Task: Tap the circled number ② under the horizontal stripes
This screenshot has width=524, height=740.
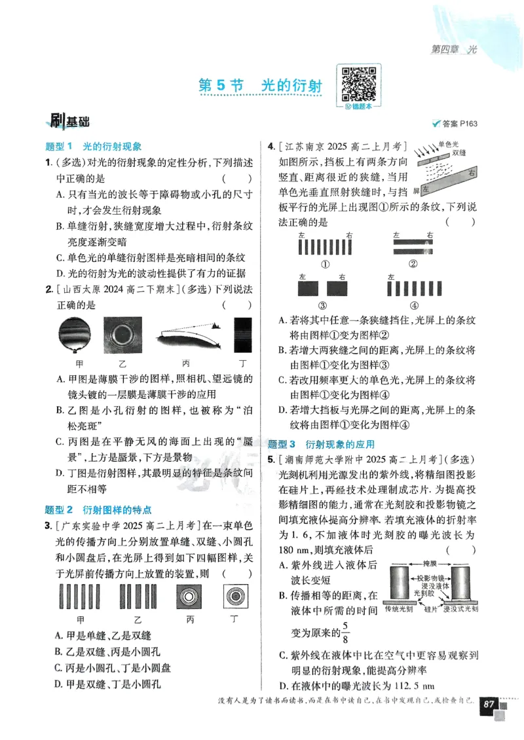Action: pyautogui.click(x=413, y=264)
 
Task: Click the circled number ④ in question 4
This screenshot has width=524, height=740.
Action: pyautogui.click(x=413, y=305)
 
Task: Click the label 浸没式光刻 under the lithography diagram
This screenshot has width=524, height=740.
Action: pyautogui.click(x=460, y=609)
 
